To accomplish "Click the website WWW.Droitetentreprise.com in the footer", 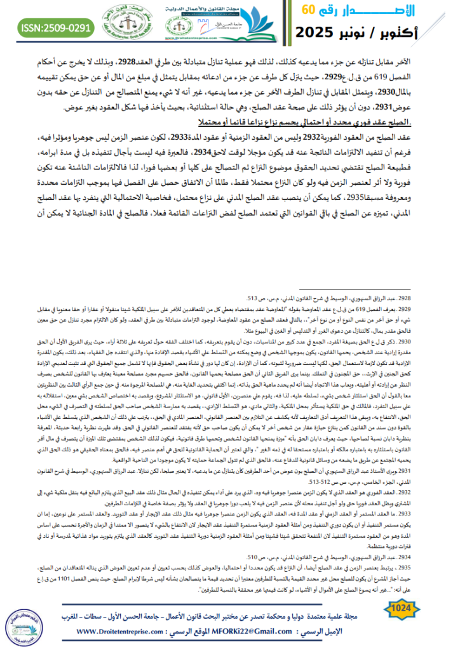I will coord(117,638).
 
